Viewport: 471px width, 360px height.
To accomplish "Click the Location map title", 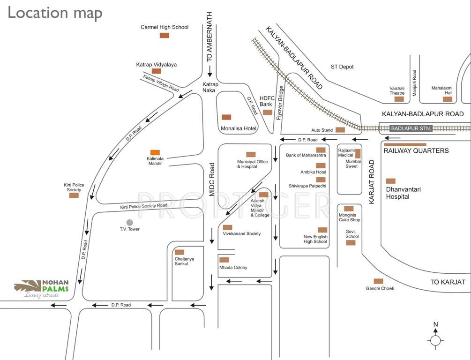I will pyautogui.click(x=55, y=13).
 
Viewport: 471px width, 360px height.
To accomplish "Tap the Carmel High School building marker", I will pyautogui.click(x=164, y=35).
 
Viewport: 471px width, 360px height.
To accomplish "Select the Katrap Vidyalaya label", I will pyautogui.click(x=157, y=65).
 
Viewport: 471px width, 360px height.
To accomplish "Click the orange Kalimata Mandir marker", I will pyautogui.click(x=155, y=152).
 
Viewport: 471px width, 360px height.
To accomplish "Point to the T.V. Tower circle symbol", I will pyautogui.click(x=130, y=222).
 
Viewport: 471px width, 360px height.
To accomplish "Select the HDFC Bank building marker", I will pyautogui.click(x=268, y=112).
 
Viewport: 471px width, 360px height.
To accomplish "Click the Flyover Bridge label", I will pyautogui.click(x=281, y=103).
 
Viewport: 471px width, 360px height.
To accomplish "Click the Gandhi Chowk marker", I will pyautogui.click(x=378, y=281).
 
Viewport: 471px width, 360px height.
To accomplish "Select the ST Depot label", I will pyautogui.click(x=342, y=67).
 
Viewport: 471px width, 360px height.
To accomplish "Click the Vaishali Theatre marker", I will pyautogui.click(x=399, y=99).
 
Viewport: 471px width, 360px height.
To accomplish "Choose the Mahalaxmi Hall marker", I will pyautogui.click(x=448, y=99).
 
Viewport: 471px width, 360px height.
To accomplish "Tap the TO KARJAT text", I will pyautogui.click(x=448, y=282).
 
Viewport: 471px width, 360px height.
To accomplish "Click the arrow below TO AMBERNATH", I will pyautogui.click(x=209, y=72).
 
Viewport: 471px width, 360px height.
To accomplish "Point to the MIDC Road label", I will pyautogui.click(x=212, y=180).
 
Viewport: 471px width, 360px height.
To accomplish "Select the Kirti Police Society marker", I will pyautogui.click(x=74, y=195).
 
